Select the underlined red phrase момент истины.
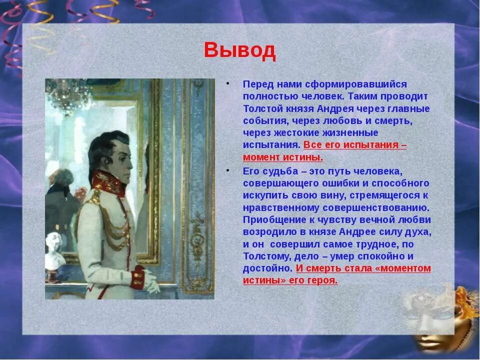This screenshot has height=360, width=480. click(x=283, y=157)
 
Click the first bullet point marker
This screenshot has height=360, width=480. click(x=227, y=83)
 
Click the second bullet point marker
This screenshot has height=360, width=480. click(x=227, y=170)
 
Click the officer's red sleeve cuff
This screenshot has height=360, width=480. click(x=137, y=277)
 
